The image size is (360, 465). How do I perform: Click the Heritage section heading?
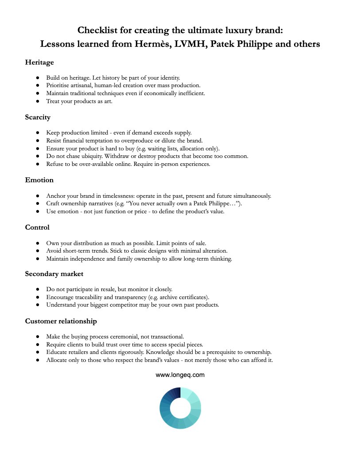(39, 63)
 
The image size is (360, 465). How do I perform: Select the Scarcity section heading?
(38, 117)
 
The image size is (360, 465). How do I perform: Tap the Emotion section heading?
(39, 180)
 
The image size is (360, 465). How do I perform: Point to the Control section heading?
(37, 227)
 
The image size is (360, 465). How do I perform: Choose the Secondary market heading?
(54, 274)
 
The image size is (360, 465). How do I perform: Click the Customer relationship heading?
(61, 321)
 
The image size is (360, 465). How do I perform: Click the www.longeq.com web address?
(180, 375)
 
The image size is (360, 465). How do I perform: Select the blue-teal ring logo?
(180, 408)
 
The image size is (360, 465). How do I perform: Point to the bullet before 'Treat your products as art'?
(38, 101)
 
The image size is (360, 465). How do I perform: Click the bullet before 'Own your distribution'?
(38, 243)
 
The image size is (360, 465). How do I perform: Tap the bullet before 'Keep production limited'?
(38, 133)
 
